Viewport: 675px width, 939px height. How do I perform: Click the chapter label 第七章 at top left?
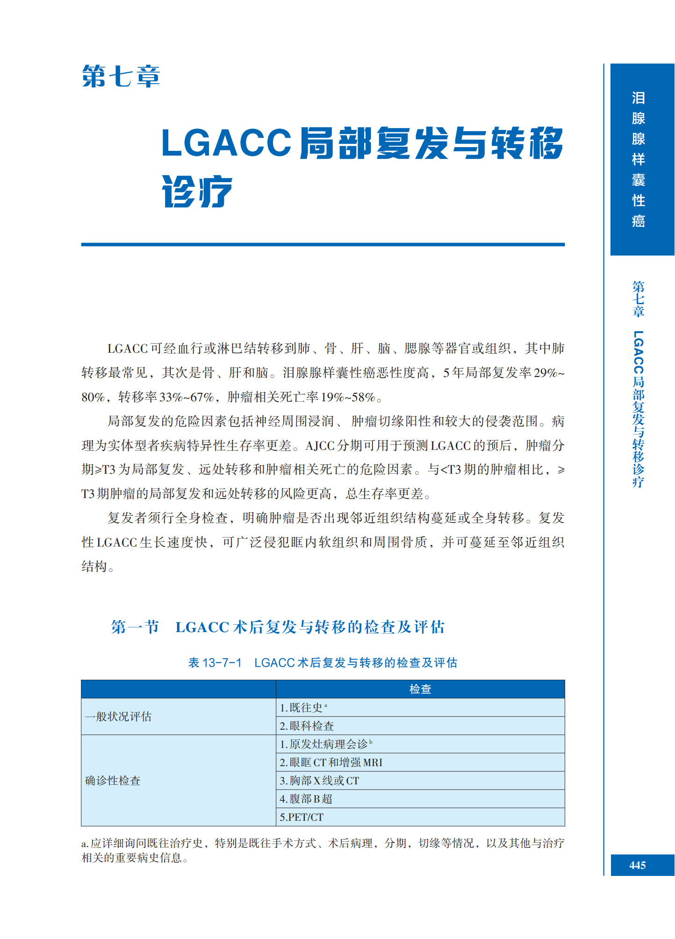121,77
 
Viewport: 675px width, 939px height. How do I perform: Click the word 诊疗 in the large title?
197,192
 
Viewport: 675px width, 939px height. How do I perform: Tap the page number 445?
637,865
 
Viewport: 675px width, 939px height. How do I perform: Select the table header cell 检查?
420,689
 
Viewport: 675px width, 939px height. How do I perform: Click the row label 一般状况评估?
118,717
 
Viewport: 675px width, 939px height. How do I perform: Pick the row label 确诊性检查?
113,781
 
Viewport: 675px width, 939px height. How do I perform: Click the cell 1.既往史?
303,708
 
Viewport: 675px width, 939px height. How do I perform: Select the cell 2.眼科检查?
307,726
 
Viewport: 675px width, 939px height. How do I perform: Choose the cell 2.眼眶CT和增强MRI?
331,762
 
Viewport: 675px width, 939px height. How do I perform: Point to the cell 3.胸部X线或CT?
319,781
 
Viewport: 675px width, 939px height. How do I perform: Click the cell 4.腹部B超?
306,799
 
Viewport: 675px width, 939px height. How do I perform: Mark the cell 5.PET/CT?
302,817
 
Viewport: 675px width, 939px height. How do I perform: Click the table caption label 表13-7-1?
215,662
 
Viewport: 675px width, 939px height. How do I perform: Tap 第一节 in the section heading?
135,627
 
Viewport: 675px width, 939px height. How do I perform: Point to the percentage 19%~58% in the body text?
348,397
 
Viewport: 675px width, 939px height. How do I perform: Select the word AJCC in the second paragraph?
320,446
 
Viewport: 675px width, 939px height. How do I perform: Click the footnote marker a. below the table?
85,844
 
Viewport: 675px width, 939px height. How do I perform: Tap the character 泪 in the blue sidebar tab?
638,98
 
